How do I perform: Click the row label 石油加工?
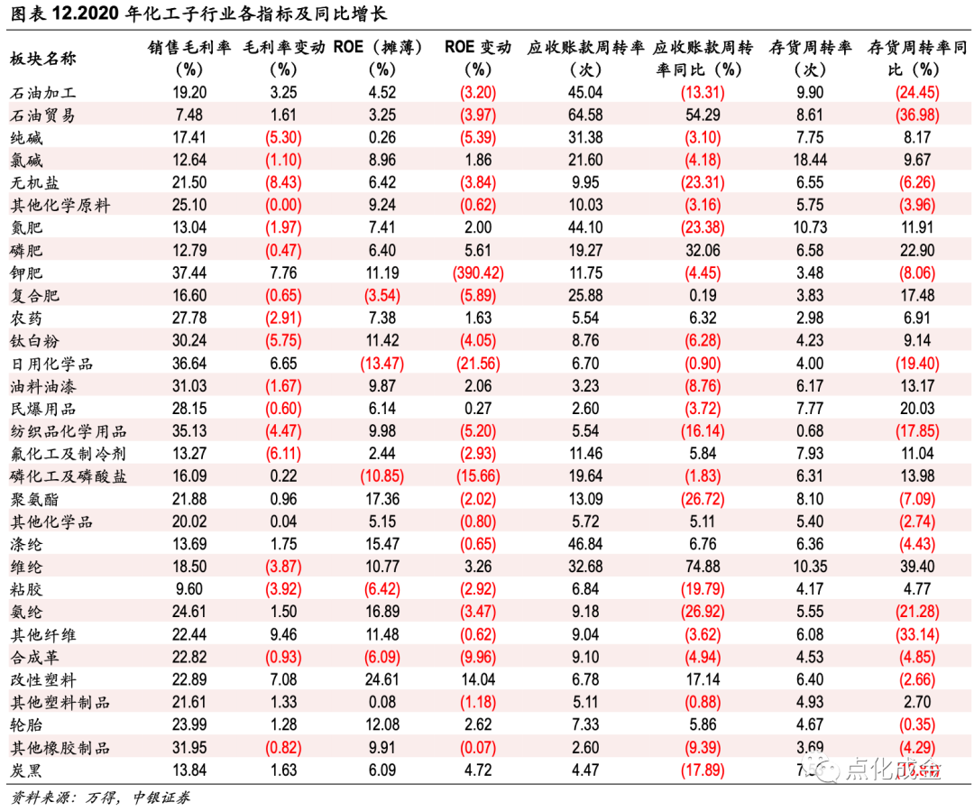point(42,92)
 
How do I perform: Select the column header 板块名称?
point(42,59)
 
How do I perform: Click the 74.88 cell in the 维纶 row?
point(702,567)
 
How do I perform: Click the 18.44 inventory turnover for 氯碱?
point(809,160)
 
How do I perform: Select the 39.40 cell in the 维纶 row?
point(916,567)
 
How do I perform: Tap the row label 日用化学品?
point(51,364)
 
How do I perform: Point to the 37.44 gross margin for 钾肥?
point(190,272)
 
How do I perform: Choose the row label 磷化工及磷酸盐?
point(60,476)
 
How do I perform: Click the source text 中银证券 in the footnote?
point(161,798)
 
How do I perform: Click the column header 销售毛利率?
point(190,48)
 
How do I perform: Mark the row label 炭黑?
point(26,770)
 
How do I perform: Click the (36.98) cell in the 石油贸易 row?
point(916,115)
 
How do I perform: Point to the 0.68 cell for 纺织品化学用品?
point(809,431)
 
